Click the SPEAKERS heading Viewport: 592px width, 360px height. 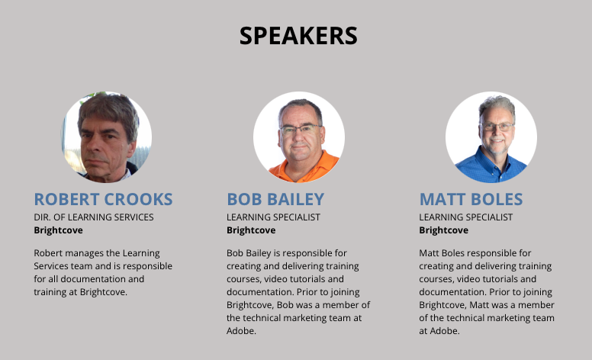(298, 36)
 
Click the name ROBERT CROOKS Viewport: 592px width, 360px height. (103, 199)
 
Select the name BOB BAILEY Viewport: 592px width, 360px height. (275, 199)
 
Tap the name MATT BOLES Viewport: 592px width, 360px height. (471, 199)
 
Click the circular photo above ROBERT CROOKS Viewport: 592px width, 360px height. (107, 137)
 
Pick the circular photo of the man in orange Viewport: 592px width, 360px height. (298, 137)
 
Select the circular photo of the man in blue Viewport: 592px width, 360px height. (491, 137)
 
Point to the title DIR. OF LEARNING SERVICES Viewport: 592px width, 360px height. (94, 217)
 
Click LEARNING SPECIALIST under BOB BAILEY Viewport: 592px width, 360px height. (273, 217)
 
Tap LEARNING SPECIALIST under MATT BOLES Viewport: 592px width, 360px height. (466, 217)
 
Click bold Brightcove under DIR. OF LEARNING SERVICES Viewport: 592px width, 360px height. (58, 230)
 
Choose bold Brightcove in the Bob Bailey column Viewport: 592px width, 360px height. (251, 230)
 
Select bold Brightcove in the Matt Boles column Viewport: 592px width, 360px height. (444, 230)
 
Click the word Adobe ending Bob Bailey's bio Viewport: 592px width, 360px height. (241, 331)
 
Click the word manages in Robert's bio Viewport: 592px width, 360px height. (80, 253)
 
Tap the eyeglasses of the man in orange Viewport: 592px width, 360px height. (301, 130)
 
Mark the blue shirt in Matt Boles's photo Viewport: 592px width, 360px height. (491, 169)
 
